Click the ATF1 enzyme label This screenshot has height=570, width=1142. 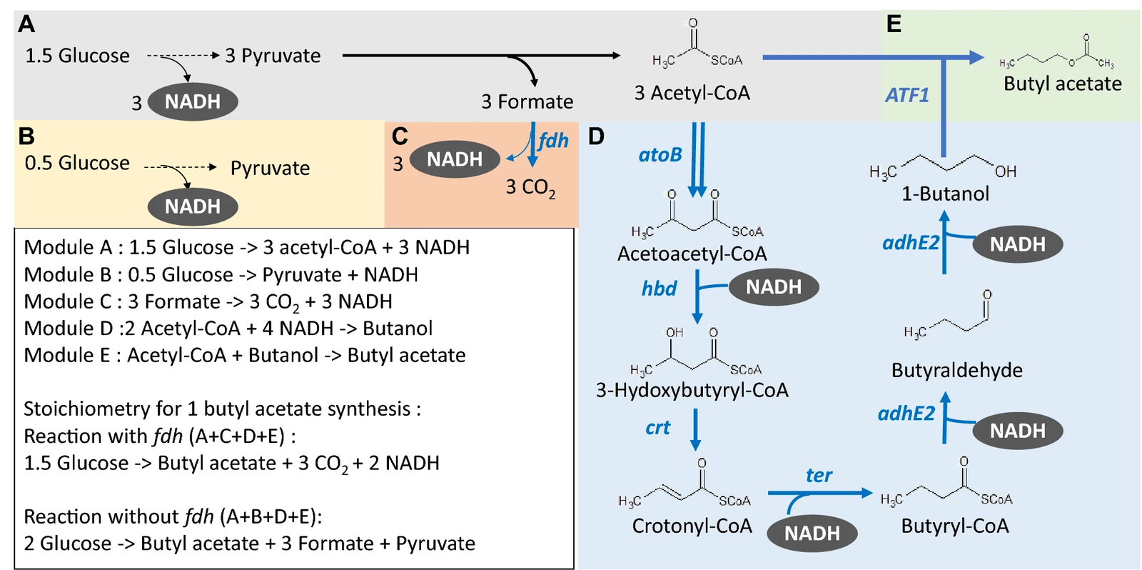coord(907,95)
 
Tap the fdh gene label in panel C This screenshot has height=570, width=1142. coord(554,140)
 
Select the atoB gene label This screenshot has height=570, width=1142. coord(660,154)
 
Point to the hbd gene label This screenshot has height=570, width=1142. coord(660,289)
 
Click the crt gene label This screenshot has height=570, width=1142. coord(657,428)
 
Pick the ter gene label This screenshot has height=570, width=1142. coord(819,475)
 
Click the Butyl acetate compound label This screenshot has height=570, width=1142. coord(1063,83)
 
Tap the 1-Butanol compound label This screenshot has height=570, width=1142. coord(945,194)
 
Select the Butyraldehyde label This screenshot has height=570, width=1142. coord(957,370)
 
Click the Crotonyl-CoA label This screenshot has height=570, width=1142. coord(692,526)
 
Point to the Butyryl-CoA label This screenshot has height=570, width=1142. coord(955,526)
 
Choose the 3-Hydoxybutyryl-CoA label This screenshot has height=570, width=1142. coord(692,391)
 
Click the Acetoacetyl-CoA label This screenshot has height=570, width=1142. coord(692,254)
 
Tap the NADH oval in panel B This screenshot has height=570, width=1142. coord(193,206)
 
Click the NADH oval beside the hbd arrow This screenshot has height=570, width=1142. coord(774,287)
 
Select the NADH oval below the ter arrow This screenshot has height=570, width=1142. coord(812,534)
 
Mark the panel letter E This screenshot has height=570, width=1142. coord(894,24)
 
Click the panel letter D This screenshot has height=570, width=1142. coord(596,136)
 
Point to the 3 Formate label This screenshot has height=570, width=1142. coord(527,101)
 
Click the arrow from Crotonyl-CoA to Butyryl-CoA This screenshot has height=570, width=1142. coord(820,493)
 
